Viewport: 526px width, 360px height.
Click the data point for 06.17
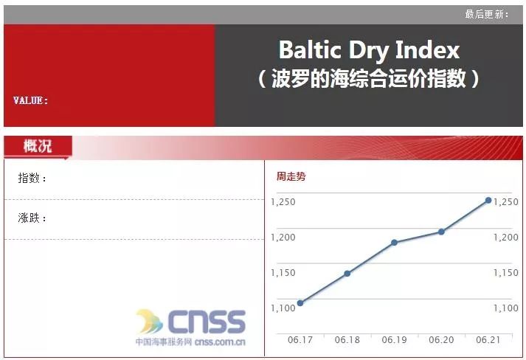pyautogui.click(x=300, y=303)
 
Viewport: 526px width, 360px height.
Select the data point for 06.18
pyautogui.click(x=347, y=274)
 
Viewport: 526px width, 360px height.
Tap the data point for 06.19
pyautogui.click(x=394, y=243)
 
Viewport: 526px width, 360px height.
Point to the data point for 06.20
pyautogui.click(x=441, y=232)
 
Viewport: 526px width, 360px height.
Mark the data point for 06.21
pyautogui.click(x=488, y=200)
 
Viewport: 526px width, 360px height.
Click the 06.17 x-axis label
pyautogui.click(x=300, y=340)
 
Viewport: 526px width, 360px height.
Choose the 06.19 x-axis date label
pyautogui.click(x=394, y=340)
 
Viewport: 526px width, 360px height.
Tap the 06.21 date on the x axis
pyautogui.click(x=488, y=340)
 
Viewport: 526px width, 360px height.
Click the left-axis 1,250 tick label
pyautogui.click(x=283, y=202)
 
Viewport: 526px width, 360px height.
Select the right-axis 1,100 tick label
pyautogui.click(x=505, y=308)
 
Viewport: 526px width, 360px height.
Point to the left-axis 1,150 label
pyautogui.click(x=283, y=273)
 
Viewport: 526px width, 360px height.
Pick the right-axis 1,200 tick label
pyautogui.click(x=505, y=238)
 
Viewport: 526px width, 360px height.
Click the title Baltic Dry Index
pyautogui.click(x=369, y=50)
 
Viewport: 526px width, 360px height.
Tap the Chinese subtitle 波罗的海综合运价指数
pyautogui.click(x=369, y=79)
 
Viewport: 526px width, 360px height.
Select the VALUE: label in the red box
pyautogui.click(x=31, y=100)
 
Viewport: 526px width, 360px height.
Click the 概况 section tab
pyautogui.click(x=38, y=146)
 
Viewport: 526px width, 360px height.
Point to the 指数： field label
pyautogui.click(x=32, y=179)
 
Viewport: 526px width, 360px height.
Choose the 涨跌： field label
pyautogui.click(x=32, y=218)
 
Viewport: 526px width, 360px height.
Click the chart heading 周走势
pyautogui.click(x=291, y=176)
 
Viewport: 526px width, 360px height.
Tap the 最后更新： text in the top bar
pyautogui.click(x=486, y=14)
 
